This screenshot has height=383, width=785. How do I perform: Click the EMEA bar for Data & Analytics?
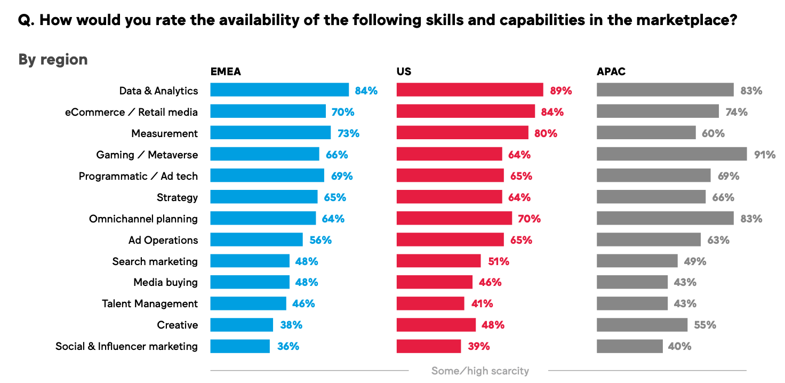tap(279, 90)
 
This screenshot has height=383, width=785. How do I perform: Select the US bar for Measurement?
tap(462, 133)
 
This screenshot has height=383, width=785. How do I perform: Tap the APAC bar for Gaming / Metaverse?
tap(671, 154)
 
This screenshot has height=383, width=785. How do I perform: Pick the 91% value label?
tap(765, 155)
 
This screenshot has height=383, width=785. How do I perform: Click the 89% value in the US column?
tap(561, 91)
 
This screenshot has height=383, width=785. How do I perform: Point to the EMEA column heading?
tap(226, 71)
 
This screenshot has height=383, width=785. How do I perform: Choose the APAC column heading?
tap(611, 71)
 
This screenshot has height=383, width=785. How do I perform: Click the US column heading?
tap(404, 71)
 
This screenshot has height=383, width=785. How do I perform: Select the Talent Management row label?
tap(150, 304)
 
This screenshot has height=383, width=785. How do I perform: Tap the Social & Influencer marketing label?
tap(126, 346)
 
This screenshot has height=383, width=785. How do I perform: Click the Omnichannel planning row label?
tap(143, 219)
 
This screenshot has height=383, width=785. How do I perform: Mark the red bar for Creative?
tap(436, 325)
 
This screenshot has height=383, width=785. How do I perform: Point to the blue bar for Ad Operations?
tap(257, 240)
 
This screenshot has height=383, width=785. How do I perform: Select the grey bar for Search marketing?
tap(637, 261)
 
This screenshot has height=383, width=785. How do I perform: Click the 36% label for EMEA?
tap(288, 346)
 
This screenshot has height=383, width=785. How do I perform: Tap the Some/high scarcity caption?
tap(480, 371)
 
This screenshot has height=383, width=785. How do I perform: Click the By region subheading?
tap(53, 59)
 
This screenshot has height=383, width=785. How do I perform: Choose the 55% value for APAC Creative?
tap(705, 325)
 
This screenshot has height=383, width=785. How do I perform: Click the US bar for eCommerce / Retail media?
tap(466, 111)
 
